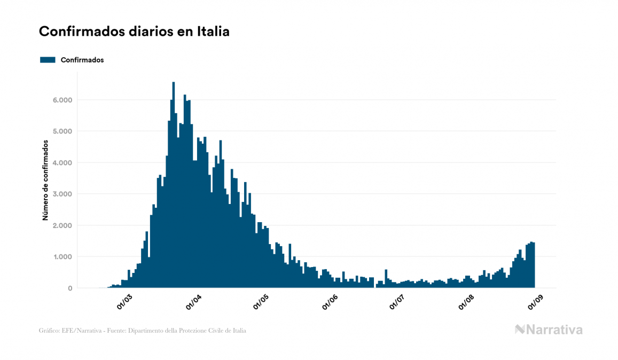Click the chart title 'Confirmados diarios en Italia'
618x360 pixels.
134,32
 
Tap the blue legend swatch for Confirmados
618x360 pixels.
48,60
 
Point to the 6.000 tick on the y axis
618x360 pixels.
62,100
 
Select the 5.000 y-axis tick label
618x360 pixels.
62,131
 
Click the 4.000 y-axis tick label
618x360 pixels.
62,163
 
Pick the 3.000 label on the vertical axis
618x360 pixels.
62,194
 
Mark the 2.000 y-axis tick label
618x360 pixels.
62,225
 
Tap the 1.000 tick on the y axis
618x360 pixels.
62,257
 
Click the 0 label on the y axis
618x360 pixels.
70,288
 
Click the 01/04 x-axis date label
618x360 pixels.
193,301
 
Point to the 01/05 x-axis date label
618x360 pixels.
261,301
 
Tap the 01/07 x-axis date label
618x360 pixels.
398,301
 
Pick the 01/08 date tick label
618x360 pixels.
466,301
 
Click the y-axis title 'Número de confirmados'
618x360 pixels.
46,181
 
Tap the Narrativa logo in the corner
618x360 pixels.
549,330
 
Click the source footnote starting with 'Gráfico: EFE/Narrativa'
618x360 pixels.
143,331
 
